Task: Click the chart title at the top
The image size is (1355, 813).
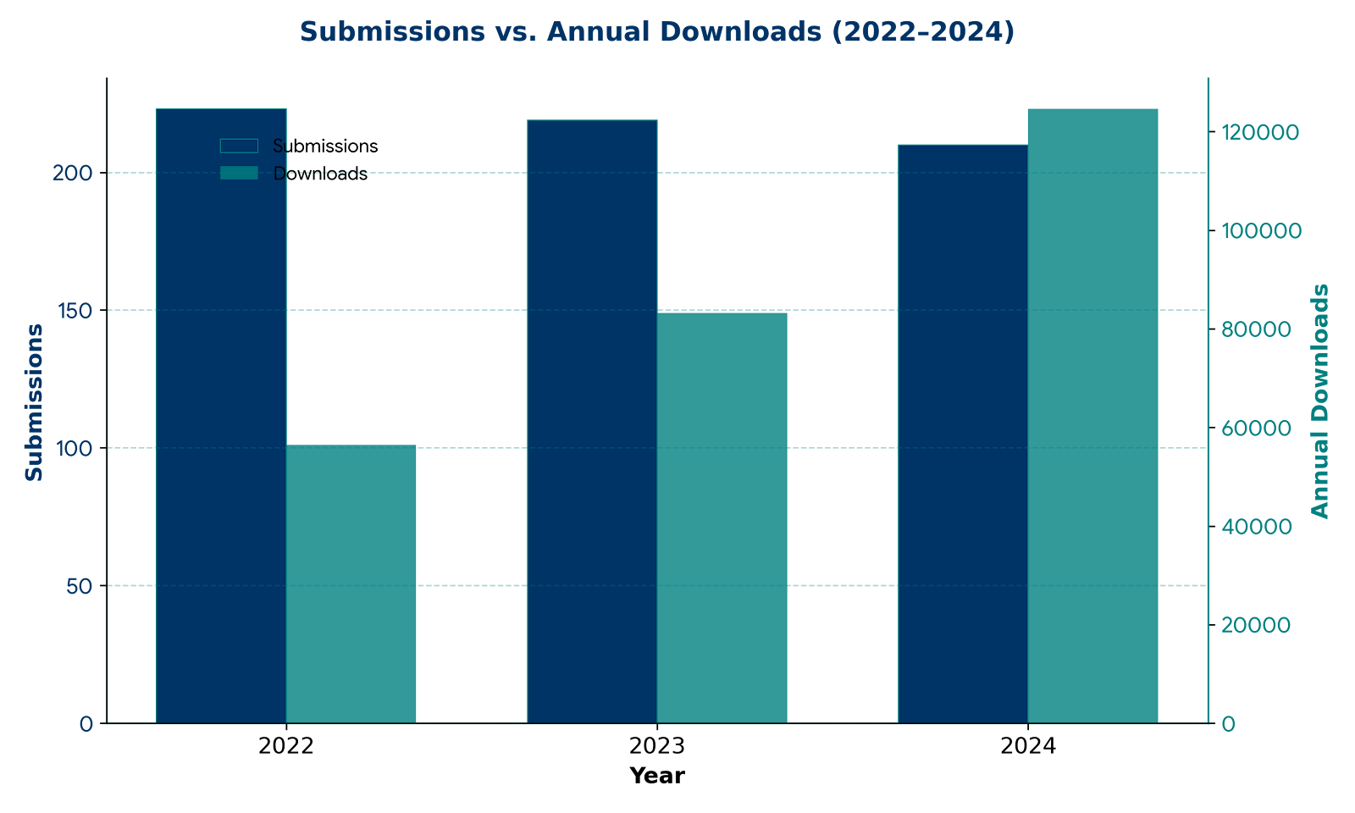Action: tap(656, 31)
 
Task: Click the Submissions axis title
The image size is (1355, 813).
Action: tap(34, 402)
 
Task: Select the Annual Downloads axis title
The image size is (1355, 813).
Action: tap(1320, 401)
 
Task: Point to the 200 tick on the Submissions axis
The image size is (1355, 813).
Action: tap(73, 173)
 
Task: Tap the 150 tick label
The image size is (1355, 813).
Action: tap(73, 311)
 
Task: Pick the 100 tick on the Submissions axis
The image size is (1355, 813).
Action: tap(73, 448)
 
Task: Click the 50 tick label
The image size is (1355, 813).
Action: tap(80, 586)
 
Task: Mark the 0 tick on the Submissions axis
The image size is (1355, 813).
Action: tap(86, 724)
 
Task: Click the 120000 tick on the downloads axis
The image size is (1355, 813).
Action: tap(1259, 133)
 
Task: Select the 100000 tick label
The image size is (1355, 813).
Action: tap(1260, 231)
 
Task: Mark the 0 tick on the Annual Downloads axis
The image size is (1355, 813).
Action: tap(1228, 724)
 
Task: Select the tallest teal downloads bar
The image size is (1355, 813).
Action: tap(1092, 415)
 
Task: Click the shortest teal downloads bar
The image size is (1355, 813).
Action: tap(351, 583)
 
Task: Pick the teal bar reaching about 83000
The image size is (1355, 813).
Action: tap(722, 517)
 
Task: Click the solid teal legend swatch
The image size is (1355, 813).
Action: tap(239, 173)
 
